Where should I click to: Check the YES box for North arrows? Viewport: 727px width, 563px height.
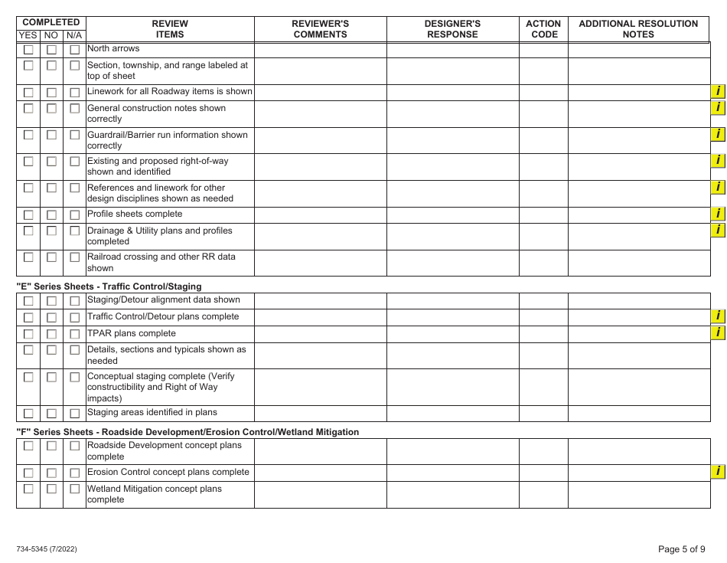pos(28,50)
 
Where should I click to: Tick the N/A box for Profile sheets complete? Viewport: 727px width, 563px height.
pos(75,215)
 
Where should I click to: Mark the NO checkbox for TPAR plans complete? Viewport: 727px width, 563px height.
pos(51,334)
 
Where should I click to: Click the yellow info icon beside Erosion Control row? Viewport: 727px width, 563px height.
pos(718,472)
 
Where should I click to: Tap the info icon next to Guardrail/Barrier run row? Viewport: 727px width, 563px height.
pos(718,134)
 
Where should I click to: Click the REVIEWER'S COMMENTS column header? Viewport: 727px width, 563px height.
pos(321,29)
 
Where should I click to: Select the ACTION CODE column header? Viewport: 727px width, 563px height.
pos(543,29)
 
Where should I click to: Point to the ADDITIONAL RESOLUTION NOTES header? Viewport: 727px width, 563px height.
pos(638,29)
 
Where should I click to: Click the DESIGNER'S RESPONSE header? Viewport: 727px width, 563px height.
pos(452,29)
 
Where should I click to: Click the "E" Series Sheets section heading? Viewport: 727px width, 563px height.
pos(109,286)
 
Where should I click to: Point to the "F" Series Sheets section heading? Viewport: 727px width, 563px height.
pos(187,432)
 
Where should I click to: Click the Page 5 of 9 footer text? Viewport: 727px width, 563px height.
pos(682,548)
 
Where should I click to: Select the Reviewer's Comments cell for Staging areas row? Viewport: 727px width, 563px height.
pos(321,413)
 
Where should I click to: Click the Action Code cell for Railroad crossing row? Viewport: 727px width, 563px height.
pos(543,263)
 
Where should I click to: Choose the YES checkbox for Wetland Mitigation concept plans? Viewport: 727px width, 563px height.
pos(28,489)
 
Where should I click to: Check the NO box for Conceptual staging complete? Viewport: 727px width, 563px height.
pos(51,378)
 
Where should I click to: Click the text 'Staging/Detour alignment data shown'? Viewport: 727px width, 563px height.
pos(164,300)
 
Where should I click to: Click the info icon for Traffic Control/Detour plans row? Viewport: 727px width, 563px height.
pos(718,316)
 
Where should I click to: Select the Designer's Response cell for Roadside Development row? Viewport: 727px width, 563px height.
pos(452,451)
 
